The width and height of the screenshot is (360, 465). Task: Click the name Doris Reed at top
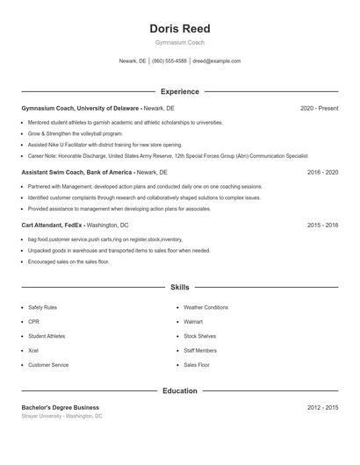[180, 29]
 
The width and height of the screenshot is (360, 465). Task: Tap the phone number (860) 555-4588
[169, 61]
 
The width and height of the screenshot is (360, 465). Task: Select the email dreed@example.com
[216, 61]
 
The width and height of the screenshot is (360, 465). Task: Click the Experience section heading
[180, 91]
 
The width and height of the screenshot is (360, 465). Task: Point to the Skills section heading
[180, 287]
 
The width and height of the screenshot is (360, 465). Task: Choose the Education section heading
[180, 390]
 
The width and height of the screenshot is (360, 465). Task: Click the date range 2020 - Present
[319, 108]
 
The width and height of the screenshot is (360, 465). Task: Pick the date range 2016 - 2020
[322, 173]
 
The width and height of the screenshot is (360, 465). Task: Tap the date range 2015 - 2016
[322, 225]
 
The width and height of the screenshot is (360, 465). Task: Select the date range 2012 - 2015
[322, 407]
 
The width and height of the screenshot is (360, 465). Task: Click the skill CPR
[33, 322]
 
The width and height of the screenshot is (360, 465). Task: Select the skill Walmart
[193, 322]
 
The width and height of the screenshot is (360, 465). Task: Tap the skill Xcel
[33, 350]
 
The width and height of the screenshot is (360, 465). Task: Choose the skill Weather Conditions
[205, 307]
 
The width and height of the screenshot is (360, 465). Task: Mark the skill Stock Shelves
[199, 336]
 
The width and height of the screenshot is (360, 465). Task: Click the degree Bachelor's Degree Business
[61, 407]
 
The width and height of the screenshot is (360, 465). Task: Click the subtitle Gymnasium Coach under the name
[180, 43]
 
